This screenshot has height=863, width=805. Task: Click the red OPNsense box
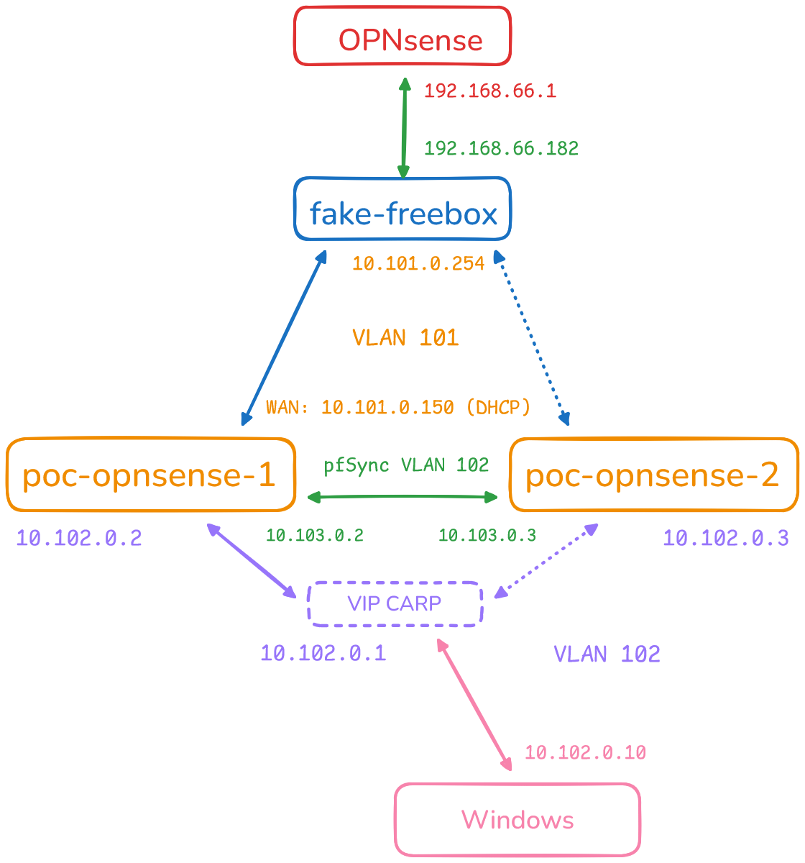(x=402, y=36)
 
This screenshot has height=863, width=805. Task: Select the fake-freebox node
(x=402, y=209)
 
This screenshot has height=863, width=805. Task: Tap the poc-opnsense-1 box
(x=151, y=475)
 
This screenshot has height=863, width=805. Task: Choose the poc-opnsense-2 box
(x=653, y=475)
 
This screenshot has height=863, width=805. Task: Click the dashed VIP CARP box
(x=395, y=603)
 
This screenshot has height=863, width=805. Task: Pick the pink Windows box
(x=517, y=819)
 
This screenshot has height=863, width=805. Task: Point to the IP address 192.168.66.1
(x=490, y=91)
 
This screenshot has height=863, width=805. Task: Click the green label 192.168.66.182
(x=501, y=149)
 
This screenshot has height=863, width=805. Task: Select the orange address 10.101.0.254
(x=418, y=264)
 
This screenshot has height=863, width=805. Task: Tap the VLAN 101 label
(x=405, y=338)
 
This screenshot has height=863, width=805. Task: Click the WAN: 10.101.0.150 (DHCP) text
(x=398, y=408)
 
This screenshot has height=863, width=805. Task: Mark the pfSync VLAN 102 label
(x=406, y=465)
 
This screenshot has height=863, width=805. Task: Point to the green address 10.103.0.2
(x=315, y=535)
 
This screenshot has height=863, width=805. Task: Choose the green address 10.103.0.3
(x=487, y=535)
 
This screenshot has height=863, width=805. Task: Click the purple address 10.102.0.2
(x=79, y=538)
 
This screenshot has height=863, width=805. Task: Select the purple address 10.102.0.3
(x=726, y=538)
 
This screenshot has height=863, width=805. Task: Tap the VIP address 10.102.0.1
(x=323, y=654)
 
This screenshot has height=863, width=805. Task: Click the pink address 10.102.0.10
(x=585, y=753)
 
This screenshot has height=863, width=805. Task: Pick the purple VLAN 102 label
(x=607, y=654)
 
